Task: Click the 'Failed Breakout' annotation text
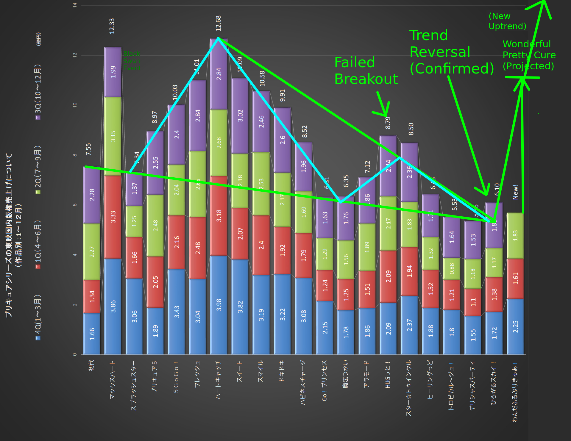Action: (x=366, y=71)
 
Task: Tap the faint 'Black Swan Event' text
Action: (x=132, y=61)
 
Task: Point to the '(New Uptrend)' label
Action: (x=507, y=21)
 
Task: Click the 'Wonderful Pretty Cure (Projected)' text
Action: (x=529, y=55)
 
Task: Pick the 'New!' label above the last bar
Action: (x=515, y=192)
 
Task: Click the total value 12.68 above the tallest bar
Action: (x=218, y=23)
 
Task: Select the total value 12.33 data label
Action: (x=112, y=26)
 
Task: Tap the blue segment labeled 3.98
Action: (x=219, y=305)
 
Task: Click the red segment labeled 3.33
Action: (x=113, y=217)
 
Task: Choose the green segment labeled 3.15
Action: (x=113, y=136)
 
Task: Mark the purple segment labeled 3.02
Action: (x=240, y=115)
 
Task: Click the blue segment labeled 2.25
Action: (x=515, y=326)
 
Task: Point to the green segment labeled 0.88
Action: (x=452, y=268)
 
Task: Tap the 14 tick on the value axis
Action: (x=75, y=5)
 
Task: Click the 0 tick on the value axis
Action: (x=75, y=354)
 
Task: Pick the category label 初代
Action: (x=91, y=365)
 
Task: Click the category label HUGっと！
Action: (x=388, y=375)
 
